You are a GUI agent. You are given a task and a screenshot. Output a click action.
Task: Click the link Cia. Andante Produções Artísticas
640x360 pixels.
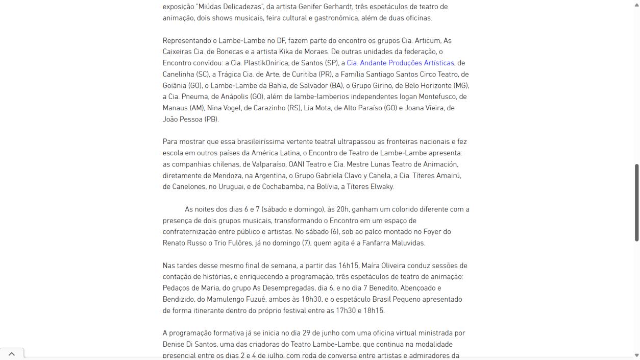pos(400,63)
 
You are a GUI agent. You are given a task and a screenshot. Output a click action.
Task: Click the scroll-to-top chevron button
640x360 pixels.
pos(12,353)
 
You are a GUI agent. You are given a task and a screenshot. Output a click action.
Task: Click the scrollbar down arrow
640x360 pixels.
pos(636,355)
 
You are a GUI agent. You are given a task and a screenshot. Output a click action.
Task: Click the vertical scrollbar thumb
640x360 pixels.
pos(636,202)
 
